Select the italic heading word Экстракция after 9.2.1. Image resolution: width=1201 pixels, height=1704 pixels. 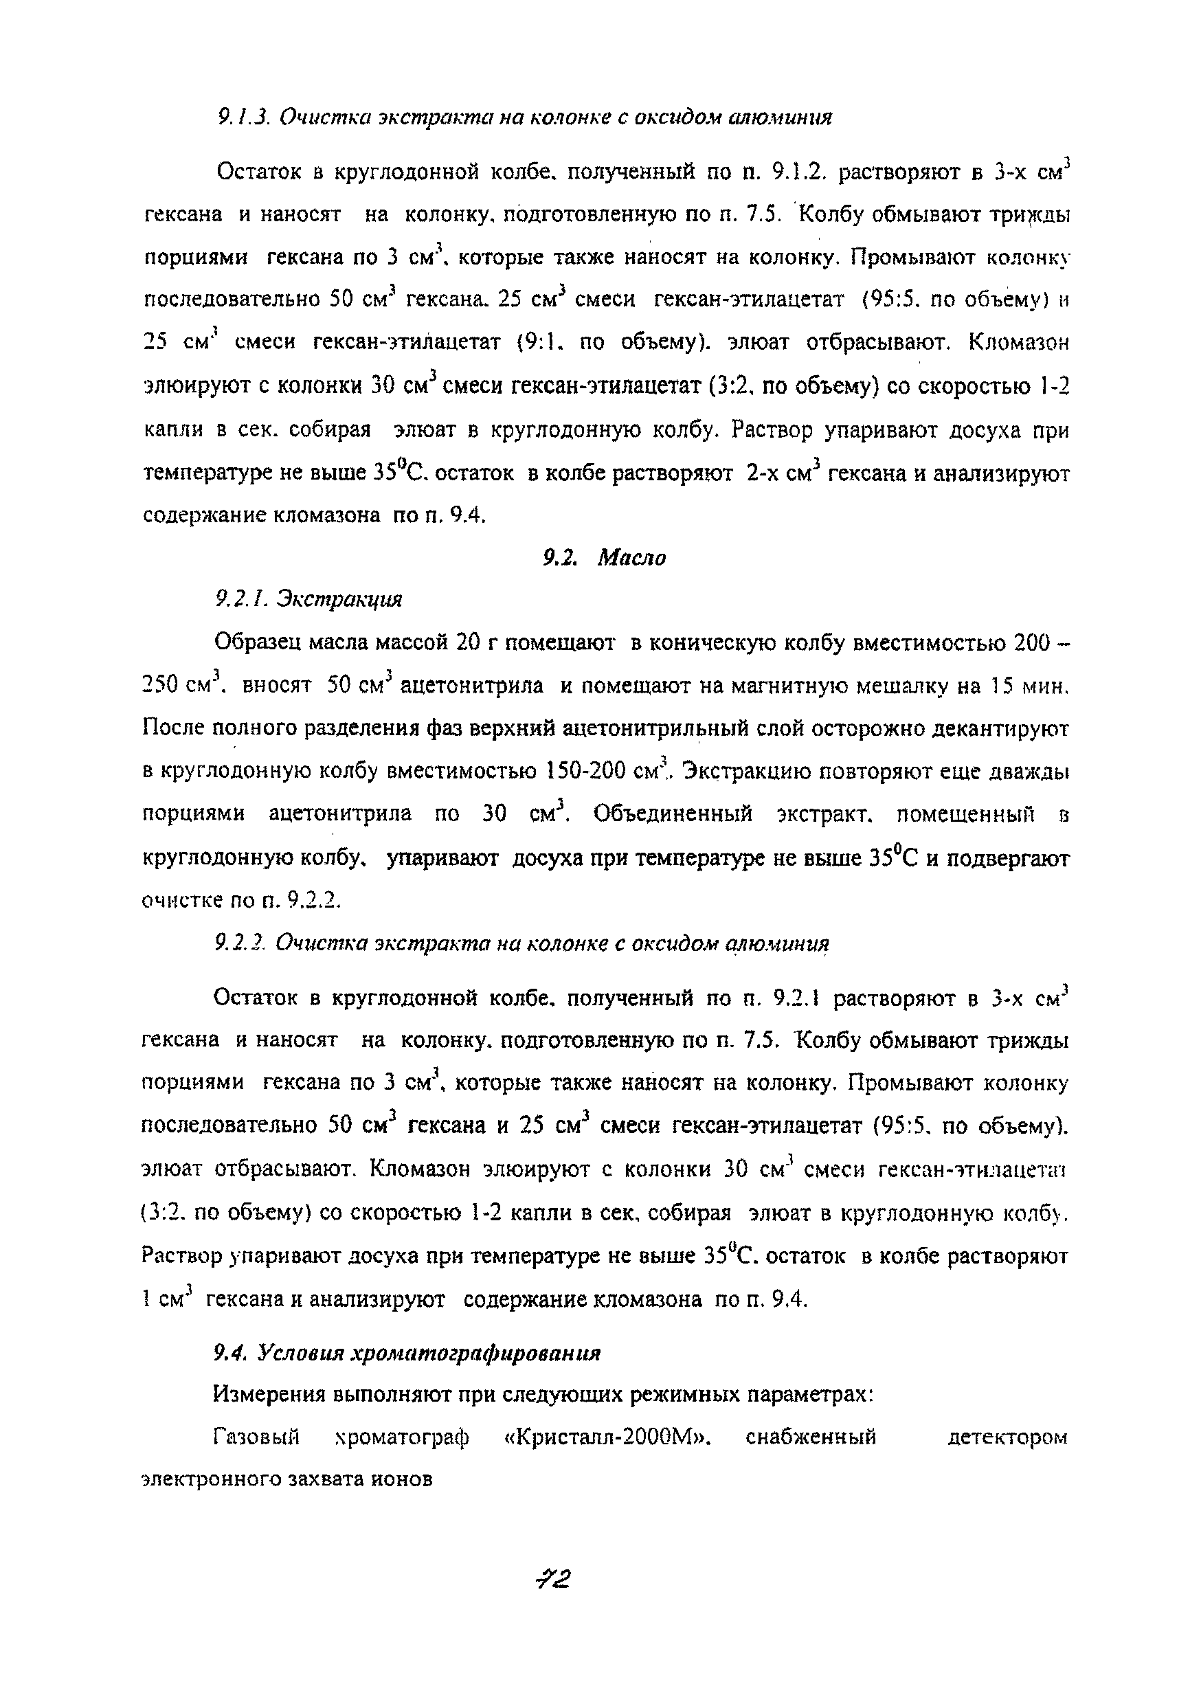click(x=339, y=599)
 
